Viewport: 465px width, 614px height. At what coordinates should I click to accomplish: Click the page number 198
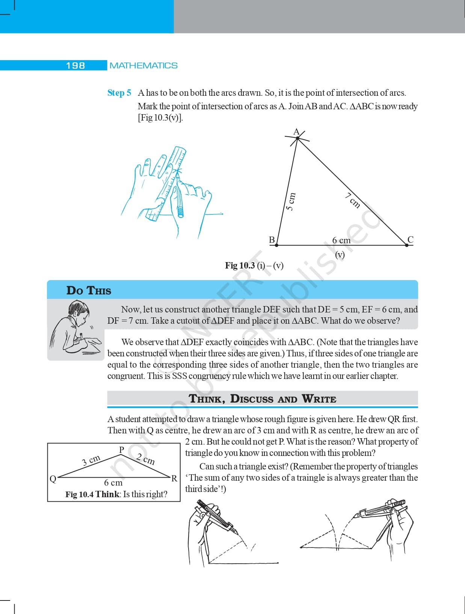pos(75,65)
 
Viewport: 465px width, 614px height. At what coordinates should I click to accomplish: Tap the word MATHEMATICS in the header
pos(143,65)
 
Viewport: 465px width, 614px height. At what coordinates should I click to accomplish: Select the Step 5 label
pos(119,93)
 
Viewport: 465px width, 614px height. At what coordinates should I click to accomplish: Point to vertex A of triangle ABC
pos(297,138)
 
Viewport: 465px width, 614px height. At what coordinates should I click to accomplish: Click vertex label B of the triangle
pos(272,240)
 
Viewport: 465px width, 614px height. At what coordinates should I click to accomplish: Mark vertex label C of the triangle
pos(410,240)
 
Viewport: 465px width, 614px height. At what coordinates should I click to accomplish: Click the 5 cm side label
pos(291,201)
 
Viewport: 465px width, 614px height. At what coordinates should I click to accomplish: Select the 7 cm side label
pos(353,200)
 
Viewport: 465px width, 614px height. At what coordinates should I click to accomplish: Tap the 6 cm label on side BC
pos(341,240)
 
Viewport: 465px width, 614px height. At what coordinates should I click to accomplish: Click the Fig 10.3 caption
pos(254,266)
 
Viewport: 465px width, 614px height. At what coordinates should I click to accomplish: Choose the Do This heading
pos(89,291)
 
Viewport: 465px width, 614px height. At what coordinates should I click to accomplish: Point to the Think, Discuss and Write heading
pos(262,398)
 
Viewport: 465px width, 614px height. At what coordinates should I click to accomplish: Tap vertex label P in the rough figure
pos(121,450)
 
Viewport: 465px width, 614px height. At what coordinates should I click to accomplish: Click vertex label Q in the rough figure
pos(53,478)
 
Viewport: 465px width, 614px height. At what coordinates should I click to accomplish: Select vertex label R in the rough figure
pos(174,478)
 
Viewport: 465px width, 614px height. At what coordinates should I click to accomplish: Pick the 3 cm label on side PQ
pos(91,460)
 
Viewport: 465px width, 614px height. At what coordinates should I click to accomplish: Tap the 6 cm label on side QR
pos(113,483)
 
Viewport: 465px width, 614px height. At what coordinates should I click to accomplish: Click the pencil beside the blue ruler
pos(179,195)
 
